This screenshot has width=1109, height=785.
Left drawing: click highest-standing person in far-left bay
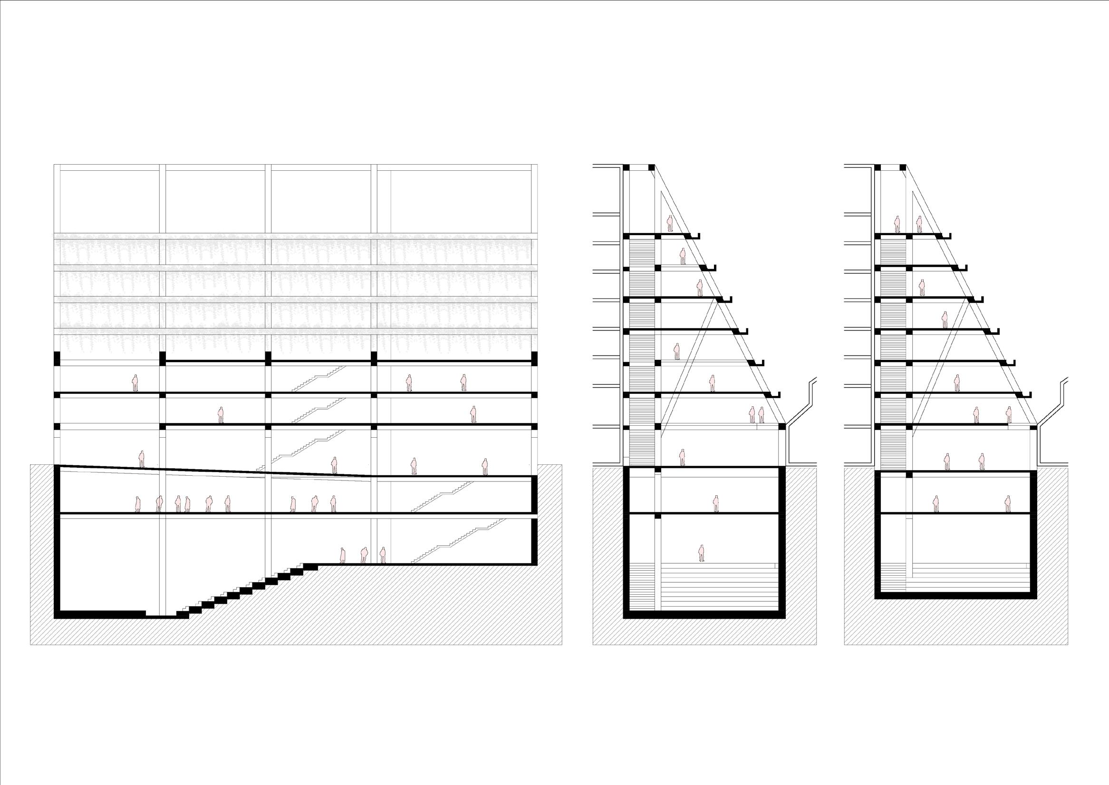point(135,383)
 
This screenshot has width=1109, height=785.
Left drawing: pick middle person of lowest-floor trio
point(364,555)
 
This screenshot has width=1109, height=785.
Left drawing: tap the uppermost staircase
point(319,379)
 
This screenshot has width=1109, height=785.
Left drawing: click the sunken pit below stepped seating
point(161,615)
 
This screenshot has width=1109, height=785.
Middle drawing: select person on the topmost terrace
point(670,223)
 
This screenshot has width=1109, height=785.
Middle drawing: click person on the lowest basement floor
point(701,553)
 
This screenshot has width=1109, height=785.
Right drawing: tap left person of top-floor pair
point(897,224)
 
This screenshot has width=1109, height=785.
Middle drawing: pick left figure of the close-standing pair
point(752,415)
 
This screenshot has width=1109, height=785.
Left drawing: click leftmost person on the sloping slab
point(142,459)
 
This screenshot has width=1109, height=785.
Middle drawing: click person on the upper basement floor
point(716,504)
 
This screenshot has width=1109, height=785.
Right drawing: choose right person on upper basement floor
point(1008,504)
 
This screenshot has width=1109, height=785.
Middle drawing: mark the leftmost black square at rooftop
point(627,168)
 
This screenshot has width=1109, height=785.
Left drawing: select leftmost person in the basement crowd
point(138,504)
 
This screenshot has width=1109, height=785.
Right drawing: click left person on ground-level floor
point(947,461)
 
